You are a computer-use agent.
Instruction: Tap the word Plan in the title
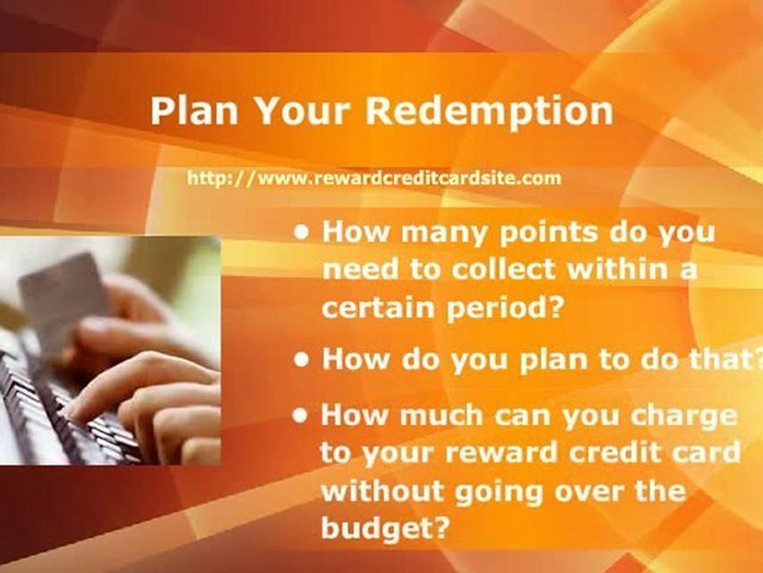coord(192,111)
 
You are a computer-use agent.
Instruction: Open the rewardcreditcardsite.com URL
coord(374,178)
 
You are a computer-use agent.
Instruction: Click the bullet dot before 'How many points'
coord(301,234)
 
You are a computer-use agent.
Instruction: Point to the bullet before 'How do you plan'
coord(301,359)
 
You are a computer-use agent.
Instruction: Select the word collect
coord(496,270)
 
